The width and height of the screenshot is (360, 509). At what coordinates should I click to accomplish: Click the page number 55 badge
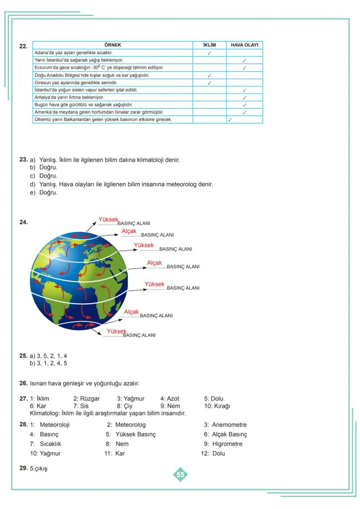point(180,475)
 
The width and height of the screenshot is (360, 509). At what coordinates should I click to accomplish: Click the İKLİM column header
point(210,45)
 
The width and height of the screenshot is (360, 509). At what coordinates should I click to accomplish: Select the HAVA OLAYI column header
point(245,45)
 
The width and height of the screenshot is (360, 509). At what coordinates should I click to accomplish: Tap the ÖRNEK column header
point(113,45)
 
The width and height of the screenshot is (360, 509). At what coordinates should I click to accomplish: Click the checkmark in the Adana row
point(210,53)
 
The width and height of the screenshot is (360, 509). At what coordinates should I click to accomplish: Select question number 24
point(23,222)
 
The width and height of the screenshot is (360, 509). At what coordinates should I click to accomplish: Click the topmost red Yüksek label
point(108,220)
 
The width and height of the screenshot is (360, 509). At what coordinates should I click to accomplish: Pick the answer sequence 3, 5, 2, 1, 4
point(52,356)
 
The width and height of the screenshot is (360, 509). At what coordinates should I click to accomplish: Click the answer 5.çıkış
point(38,469)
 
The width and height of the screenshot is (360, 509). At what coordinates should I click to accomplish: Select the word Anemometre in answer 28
point(229,425)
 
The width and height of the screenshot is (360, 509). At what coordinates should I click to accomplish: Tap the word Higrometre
point(227,444)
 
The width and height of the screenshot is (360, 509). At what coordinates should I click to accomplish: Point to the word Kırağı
point(222,406)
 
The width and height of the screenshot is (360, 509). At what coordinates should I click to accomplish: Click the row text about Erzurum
point(99,68)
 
